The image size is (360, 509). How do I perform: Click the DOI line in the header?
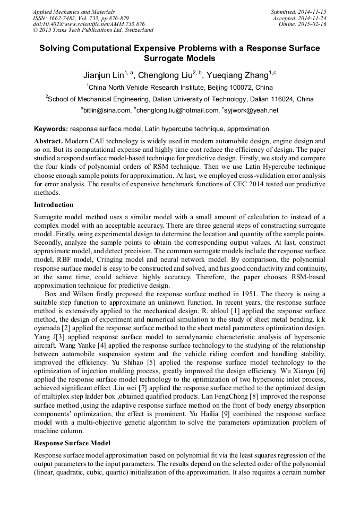89,24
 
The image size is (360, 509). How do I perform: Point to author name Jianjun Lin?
103,75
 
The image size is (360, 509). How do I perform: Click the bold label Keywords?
51,129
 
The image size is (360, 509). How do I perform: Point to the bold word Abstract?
48,142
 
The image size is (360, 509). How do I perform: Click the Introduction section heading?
54,205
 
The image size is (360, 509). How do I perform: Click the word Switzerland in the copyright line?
135,30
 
